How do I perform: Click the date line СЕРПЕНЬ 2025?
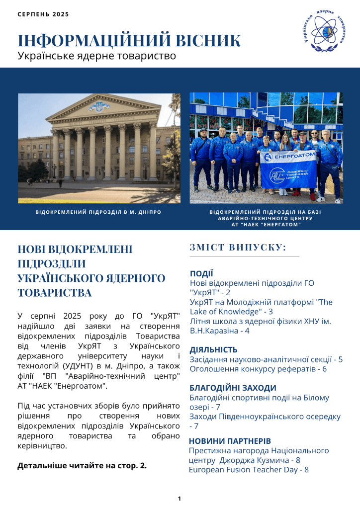click(43, 14)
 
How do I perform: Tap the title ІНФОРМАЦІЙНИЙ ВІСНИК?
click(129, 41)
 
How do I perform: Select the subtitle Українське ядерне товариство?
click(97, 56)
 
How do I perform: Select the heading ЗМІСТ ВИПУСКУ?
click(238, 248)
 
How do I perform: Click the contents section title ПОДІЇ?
click(201, 273)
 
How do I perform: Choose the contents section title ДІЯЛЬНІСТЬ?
click(213, 349)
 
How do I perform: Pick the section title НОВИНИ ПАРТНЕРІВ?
click(230, 441)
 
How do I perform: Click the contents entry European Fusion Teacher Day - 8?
click(249, 469)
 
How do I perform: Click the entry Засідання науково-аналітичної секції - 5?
click(266, 359)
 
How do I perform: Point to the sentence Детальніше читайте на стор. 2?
click(82, 466)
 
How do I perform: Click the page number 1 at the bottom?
click(180, 498)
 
